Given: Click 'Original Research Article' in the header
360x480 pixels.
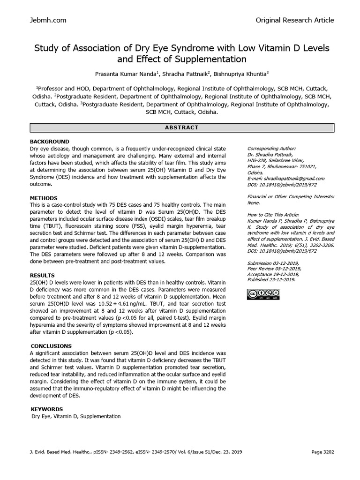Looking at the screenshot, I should (x=295, y=20).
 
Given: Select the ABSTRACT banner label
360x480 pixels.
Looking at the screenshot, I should (x=182, y=127).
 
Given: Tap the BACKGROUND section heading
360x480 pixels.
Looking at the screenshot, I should (x=50, y=142).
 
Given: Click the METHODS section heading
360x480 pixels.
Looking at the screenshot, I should (x=44, y=198).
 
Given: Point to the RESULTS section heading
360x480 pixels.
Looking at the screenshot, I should (x=43, y=275).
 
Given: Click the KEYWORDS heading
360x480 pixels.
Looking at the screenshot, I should (x=47, y=409).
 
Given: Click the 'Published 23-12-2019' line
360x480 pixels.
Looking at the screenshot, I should (x=271, y=280).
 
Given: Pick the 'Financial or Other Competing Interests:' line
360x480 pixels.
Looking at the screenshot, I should (x=291, y=197).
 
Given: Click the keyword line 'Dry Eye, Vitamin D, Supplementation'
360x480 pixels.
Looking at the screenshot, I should (x=76, y=416).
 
